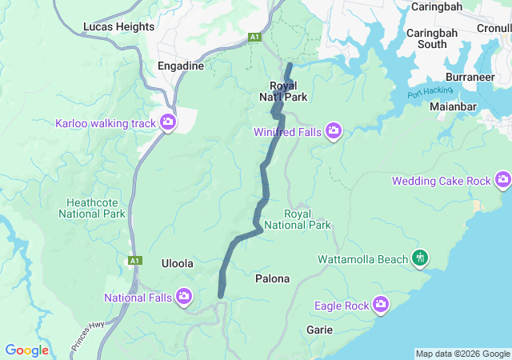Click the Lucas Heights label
[x=118, y=26]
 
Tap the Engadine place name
[x=181, y=66]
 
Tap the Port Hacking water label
[x=425, y=94]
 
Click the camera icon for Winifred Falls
[x=334, y=130]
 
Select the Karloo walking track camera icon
[x=168, y=122]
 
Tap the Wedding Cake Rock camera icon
[x=503, y=180]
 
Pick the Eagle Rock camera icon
[x=381, y=305]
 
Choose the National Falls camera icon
[x=184, y=298]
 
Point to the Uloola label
[x=177, y=263]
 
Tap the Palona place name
[x=272, y=279]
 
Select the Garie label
[x=320, y=330]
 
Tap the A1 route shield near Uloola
[x=134, y=260]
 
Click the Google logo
[x=27, y=350]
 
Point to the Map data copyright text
[x=462, y=354]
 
